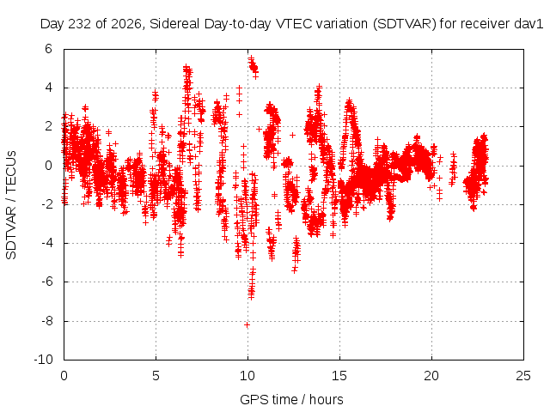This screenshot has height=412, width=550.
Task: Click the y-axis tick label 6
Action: [48, 49]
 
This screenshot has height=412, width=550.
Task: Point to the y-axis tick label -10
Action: [43, 360]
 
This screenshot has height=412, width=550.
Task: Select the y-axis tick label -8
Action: [46, 320]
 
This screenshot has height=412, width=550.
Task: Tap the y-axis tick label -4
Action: [46, 243]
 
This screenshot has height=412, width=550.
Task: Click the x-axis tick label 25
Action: [523, 376]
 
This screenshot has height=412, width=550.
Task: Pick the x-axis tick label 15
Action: [339, 376]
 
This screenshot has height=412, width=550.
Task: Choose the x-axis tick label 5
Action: [156, 376]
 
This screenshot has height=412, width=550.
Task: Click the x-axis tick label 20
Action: [431, 376]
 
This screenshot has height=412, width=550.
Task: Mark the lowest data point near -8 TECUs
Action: [247, 324]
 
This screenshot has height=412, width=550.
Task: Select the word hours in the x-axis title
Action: [327, 399]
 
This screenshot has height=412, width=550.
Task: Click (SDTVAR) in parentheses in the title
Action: [405, 24]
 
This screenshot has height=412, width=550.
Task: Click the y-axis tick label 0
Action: [48, 166]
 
